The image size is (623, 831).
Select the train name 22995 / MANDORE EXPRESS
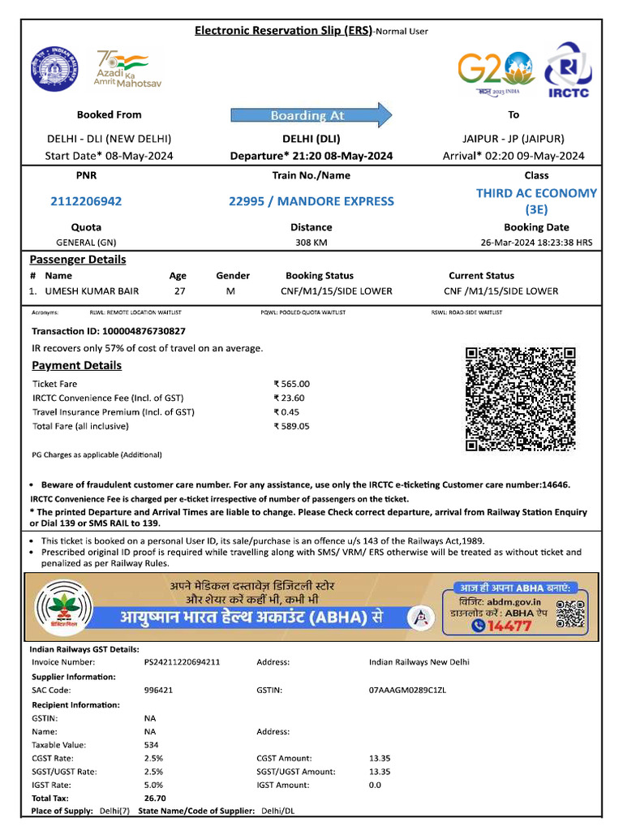[311, 201]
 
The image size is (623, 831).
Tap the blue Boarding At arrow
[311, 115]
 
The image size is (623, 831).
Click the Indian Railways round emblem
[52, 69]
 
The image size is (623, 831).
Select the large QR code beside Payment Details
[520, 398]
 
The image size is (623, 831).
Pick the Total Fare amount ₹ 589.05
[292, 425]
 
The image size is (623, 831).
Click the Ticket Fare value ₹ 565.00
[292, 384]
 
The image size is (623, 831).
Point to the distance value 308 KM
[311, 242]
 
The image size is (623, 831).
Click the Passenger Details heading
[78, 260]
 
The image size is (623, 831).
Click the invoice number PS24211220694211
[182, 662]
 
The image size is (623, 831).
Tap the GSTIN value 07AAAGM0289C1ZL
[407, 690]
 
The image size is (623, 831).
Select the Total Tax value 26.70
[155, 798]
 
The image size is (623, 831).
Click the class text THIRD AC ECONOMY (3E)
[536, 200]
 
